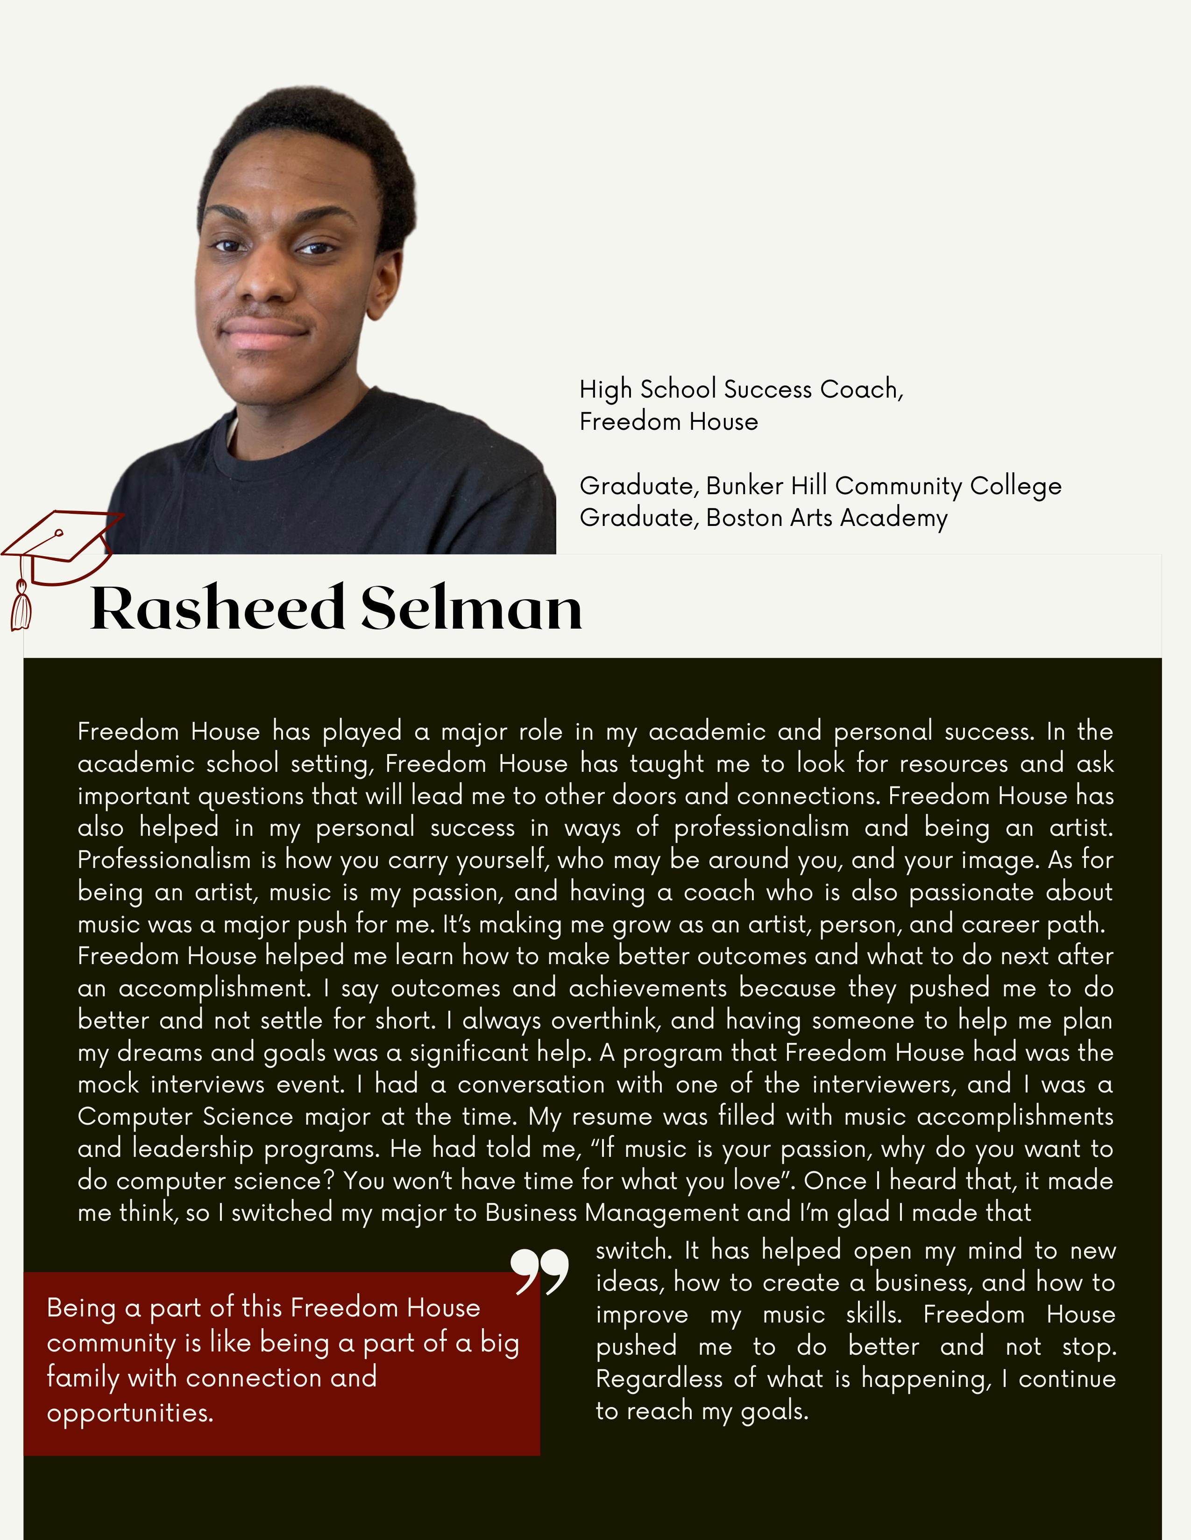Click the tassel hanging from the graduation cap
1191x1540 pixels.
(x=21, y=606)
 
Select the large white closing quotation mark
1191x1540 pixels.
(x=540, y=1272)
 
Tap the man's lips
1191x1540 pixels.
(x=262, y=335)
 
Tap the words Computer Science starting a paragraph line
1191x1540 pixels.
(x=185, y=1117)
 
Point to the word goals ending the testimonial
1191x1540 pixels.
(x=773, y=1411)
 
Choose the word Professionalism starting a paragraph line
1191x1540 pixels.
(x=163, y=860)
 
